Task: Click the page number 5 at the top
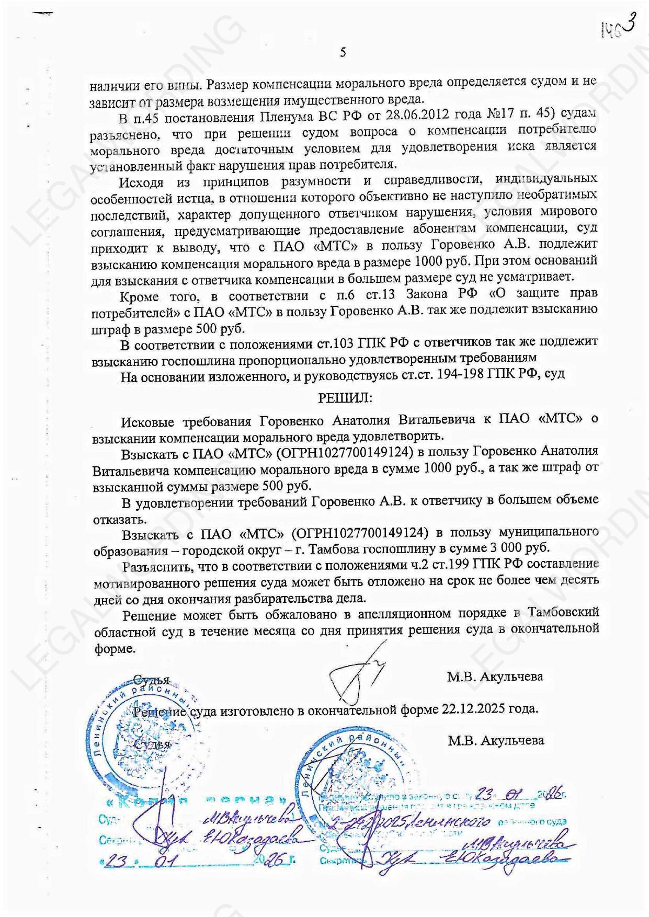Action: (343, 52)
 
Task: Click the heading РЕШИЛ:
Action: (345, 398)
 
